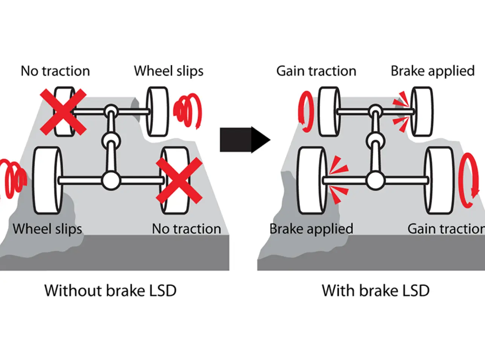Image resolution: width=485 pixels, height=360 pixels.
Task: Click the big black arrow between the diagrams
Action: [x=244, y=140]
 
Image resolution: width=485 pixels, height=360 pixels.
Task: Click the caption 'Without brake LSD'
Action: [x=110, y=291]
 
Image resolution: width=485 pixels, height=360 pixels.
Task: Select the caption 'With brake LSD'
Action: [x=375, y=291]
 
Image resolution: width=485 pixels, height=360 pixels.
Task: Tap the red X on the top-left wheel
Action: [x=63, y=112]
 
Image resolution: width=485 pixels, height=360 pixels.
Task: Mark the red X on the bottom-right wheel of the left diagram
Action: [x=179, y=180]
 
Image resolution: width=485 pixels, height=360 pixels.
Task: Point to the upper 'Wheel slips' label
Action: [x=169, y=71]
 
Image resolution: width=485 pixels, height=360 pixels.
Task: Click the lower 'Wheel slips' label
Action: [x=47, y=229]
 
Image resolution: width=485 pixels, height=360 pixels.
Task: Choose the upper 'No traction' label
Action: [x=55, y=71]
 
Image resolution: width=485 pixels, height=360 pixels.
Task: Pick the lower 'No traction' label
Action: [x=186, y=229]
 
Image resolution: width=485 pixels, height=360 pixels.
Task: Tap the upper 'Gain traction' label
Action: [x=316, y=71]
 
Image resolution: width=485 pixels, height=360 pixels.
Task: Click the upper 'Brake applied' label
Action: [x=433, y=71]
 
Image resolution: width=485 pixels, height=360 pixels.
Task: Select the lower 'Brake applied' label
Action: [x=311, y=229]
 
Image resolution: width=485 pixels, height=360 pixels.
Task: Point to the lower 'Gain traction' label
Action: [x=446, y=229]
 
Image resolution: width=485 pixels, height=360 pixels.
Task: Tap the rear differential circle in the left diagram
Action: [x=111, y=181]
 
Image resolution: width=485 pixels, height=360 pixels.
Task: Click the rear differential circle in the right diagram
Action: [x=375, y=181]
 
